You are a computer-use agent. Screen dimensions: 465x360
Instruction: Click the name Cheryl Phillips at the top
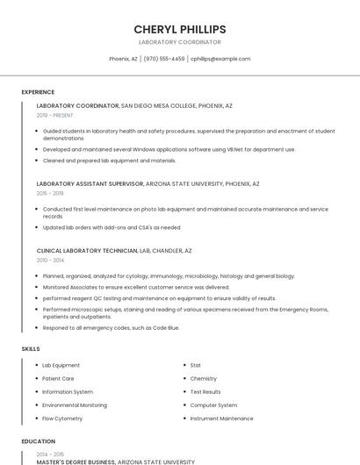(x=180, y=29)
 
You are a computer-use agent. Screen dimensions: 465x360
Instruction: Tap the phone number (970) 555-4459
(x=164, y=59)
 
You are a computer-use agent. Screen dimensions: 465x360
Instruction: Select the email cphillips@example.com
(x=220, y=59)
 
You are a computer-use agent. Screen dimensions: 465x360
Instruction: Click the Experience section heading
(x=38, y=92)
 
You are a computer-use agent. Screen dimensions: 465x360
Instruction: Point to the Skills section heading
(x=31, y=349)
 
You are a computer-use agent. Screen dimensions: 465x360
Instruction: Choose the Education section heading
(x=38, y=441)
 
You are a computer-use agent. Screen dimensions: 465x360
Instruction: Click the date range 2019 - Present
(x=55, y=115)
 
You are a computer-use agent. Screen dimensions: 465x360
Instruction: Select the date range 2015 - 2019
(x=50, y=193)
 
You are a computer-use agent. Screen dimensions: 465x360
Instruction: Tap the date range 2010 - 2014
(x=50, y=260)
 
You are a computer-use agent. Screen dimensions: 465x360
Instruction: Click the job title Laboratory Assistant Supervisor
(x=90, y=184)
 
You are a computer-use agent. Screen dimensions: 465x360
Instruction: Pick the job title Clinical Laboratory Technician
(x=87, y=251)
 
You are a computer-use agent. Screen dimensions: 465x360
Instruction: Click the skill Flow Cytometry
(x=62, y=418)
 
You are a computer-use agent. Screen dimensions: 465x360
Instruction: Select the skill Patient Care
(x=58, y=379)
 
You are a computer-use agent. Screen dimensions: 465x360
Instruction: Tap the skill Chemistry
(x=203, y=379)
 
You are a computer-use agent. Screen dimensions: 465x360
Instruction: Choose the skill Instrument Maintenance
(x=221, y=418)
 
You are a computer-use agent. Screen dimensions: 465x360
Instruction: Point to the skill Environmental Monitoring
(x=75, y=405)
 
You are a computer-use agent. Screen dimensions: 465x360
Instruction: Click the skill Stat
(x=195, y=365)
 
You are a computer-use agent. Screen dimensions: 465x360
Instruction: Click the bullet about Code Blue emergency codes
(x=111, y=327)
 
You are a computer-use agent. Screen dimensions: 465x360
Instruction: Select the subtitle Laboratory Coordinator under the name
(x=180, y=42)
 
